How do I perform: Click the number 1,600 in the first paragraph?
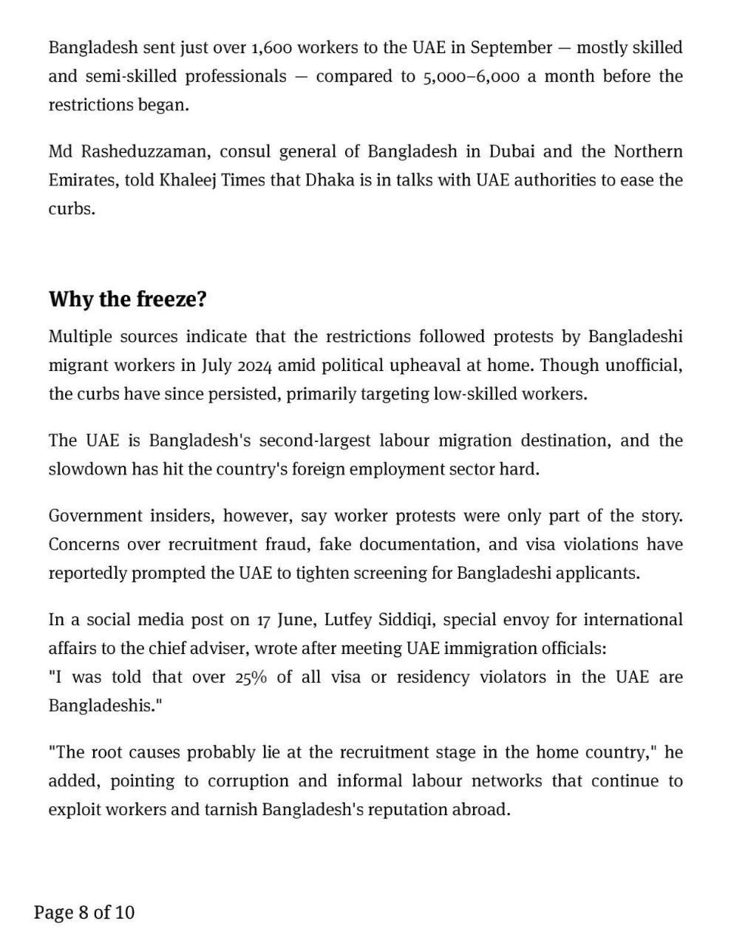pyautogui.click(x=273, y=48)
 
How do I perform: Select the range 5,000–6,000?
pyautogui.click(x=471, y=77)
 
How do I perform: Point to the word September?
pyautogui.click(x=511, y=48)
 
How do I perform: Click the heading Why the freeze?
pyautogui.click(x=128, y=299)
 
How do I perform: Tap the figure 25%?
pyautogui.click(x=251, y=678)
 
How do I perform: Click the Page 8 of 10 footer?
pyautogui.click(x=84, y=913)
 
